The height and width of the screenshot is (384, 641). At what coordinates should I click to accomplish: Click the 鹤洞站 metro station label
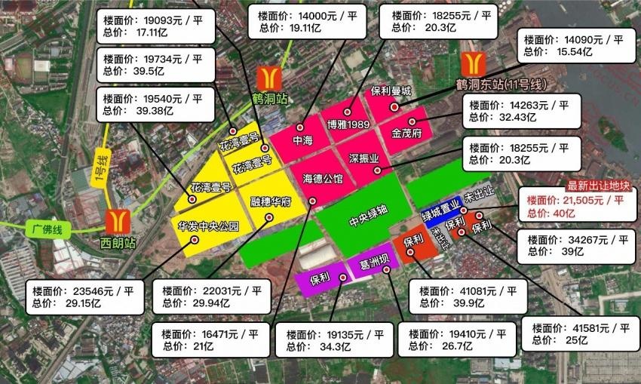pos(269,99)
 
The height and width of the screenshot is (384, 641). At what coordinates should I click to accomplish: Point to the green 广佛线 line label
pos(46,226)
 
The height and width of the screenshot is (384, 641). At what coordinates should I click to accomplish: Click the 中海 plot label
pos(302,140)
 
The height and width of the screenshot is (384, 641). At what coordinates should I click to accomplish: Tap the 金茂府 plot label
pos(406,133)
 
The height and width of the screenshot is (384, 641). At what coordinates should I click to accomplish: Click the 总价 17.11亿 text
pos(146,34)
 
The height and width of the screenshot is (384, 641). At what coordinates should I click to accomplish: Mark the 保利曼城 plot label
pos(391,91)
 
